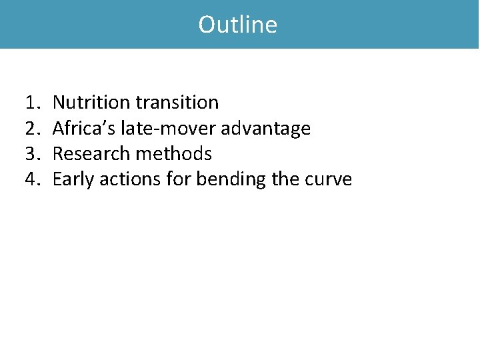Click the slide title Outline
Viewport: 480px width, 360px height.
click(238, 25)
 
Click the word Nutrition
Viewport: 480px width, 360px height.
click(91, 103)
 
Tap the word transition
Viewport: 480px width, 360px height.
click(177, 103)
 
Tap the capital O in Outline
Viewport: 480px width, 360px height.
click(207, 25)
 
